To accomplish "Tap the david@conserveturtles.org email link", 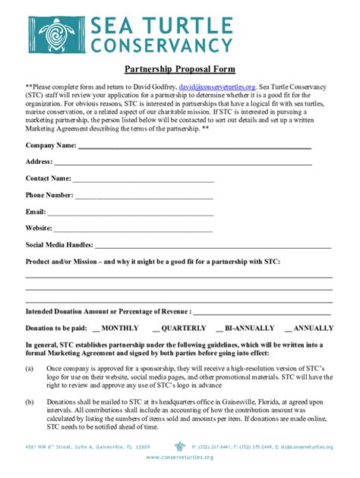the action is (x=216, y=86).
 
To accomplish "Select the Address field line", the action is (x=182, y=163).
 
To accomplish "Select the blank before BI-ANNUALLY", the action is (x=219, y=329).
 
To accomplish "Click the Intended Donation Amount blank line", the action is (x=262, y=313).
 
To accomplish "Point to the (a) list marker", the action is (x=30, y=368).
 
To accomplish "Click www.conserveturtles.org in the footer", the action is (x=180, y=458).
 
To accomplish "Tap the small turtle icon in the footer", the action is (x=180, y=447).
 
